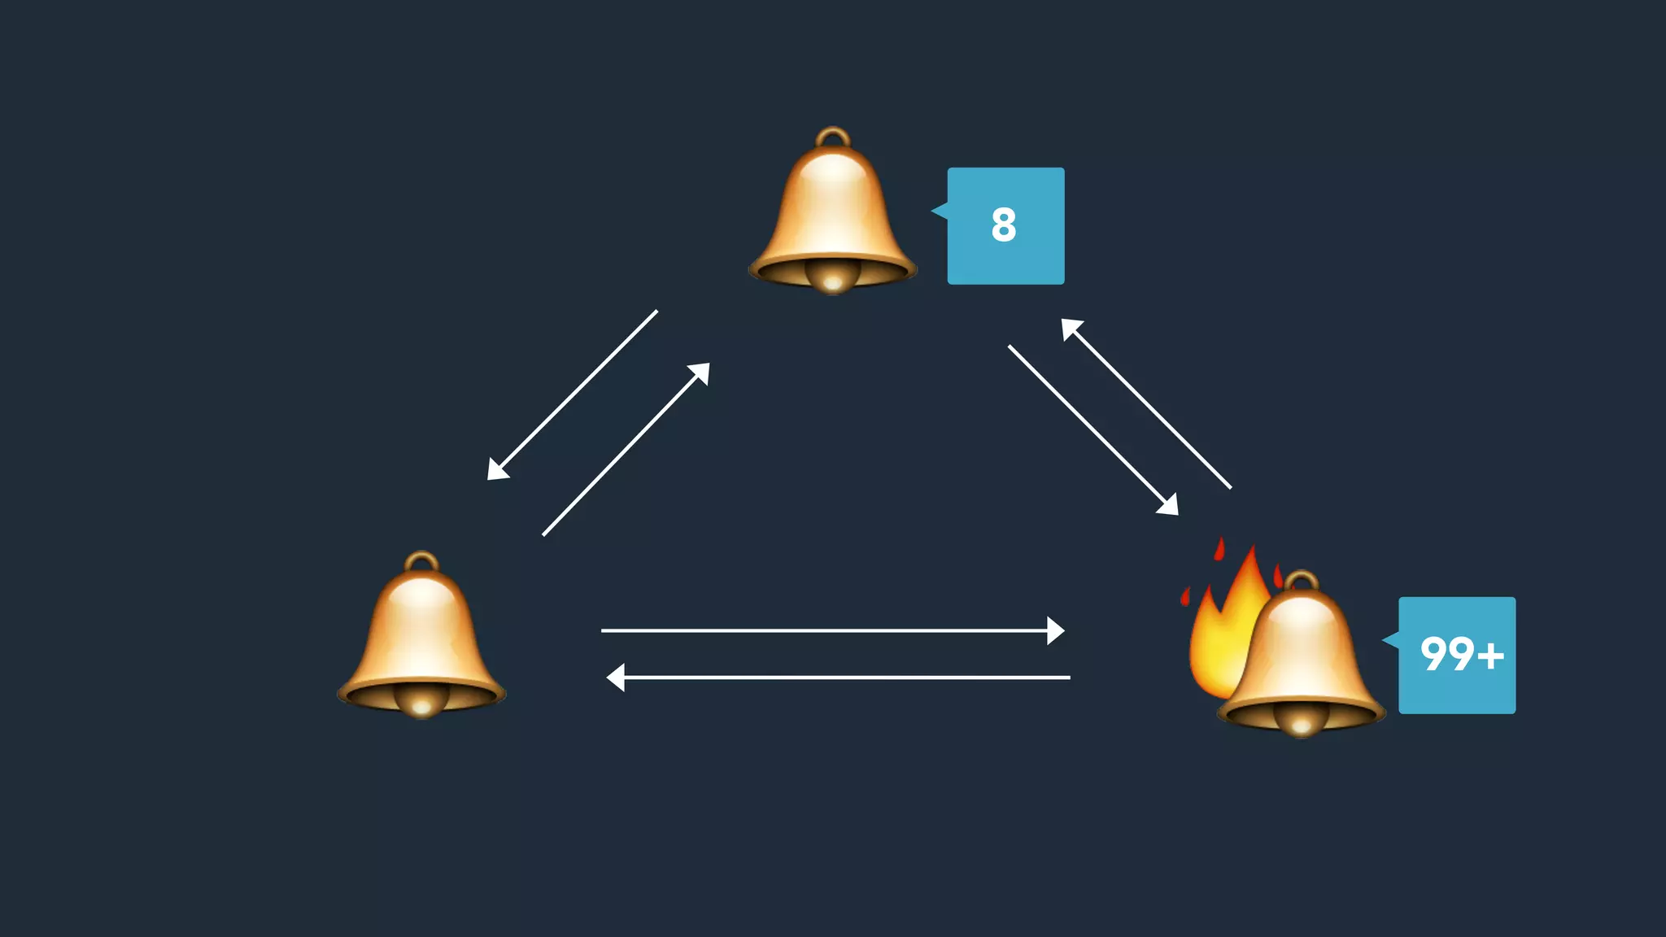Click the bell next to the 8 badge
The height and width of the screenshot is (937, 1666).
coord(832,211)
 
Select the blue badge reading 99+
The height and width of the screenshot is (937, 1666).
coord(1456,656)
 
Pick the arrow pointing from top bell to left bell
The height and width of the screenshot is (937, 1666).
coord(573,394)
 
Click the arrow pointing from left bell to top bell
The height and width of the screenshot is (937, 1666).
coord(626,450)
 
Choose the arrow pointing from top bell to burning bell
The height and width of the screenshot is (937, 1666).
coord(1092,429)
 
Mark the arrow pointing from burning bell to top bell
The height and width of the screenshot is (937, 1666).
coord(1146,403)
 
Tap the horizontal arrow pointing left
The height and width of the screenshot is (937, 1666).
coord(838,677)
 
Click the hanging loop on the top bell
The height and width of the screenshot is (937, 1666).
coord(832,137)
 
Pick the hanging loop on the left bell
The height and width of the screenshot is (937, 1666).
coord(421,561)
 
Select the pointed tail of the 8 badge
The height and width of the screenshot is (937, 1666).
coord(939,211)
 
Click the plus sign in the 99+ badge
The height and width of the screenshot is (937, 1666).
coord(1491,656)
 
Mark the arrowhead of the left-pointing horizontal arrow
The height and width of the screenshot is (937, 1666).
coord(616,677)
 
